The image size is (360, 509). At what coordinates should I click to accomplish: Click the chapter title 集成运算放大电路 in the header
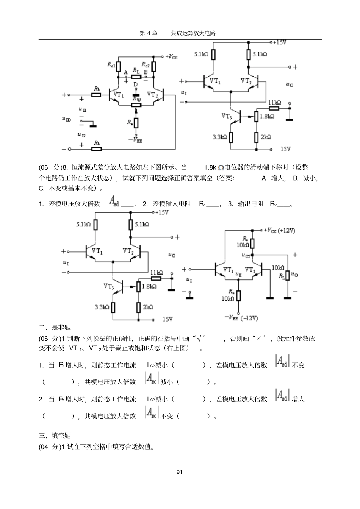tap(193, 33)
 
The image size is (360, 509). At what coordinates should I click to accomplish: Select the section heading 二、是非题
tap(55, 327)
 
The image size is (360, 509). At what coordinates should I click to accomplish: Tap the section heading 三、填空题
tap(55, 436)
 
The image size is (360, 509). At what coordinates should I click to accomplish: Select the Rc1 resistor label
tap(111, 65)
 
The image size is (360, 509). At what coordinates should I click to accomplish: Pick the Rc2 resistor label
tap(146, 65)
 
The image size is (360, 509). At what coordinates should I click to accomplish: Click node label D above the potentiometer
tap(135, 84)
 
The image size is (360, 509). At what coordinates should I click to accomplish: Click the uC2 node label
tap(246, 255)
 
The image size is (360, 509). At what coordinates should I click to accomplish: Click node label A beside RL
tap(126, 72)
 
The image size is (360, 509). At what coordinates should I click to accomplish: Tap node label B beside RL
tap(146, 72)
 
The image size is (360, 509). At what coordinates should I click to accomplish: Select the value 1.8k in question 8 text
tap(210, 167)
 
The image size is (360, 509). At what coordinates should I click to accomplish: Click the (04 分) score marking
tap(49, 447)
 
